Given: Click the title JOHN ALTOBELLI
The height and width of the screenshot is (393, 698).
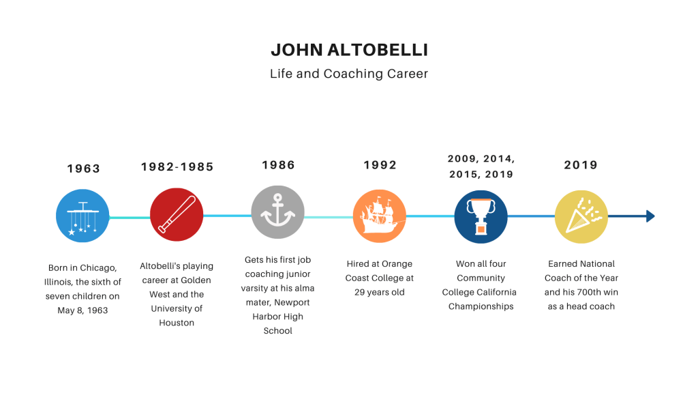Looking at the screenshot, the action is [x=350, y=50].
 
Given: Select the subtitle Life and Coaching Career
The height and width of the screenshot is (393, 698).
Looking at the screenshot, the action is [x=349, y=74].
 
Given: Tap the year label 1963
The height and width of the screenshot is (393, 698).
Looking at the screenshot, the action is [x=84, y=169].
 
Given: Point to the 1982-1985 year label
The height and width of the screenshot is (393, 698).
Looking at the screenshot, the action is [x=177, y=166].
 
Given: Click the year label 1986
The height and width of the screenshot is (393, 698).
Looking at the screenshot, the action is [x=278, y=165].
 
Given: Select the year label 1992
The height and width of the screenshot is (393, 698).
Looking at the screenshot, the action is [x=380, y=165].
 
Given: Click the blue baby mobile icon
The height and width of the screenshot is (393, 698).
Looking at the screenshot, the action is [x=82, y=216].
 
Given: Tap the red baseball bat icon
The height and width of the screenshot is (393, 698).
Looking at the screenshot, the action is [x=177, y=214].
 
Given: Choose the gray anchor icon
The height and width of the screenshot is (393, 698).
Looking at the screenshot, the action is [x=278, y=212].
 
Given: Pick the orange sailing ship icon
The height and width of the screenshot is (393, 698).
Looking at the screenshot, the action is [x=379, y=216].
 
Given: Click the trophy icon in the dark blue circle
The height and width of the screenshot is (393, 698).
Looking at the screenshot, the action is [x=481, y=216].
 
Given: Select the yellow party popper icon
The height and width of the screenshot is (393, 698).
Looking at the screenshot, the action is [x=581, y=216].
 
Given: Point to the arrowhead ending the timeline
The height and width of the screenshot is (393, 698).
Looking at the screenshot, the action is [x=650, y=216].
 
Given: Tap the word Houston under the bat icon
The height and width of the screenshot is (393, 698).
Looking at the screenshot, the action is [x=177, y=323].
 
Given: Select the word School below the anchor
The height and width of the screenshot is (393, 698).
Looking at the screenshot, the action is [x=278, y=331].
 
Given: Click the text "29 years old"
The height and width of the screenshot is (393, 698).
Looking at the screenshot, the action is [x=380, y=292].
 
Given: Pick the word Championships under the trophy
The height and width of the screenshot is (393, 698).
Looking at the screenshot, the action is [x=481, y=306].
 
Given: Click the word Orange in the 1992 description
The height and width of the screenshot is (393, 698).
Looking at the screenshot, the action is [x=397, y=264].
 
